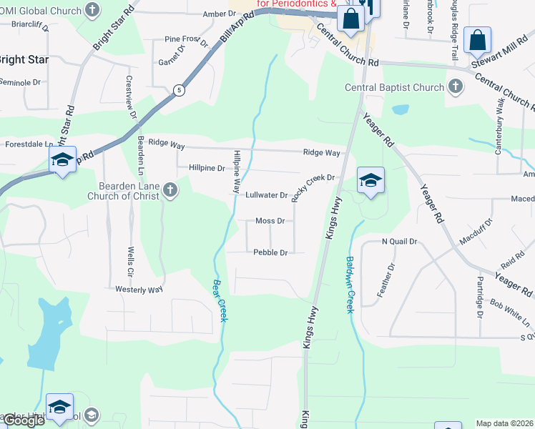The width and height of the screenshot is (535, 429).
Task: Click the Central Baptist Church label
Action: pyautogui.click(x=394, y=87)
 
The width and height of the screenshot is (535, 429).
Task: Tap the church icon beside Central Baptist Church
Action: pyautogui.click(x=454, y=87)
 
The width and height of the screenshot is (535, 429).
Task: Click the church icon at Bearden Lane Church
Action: pyautogui.click(x=170, y=190)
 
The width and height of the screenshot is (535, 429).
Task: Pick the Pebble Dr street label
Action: pyautogui.click(x=270, y=252)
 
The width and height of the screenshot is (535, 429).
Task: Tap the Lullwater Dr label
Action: pyautogui.click(x=266, y=194)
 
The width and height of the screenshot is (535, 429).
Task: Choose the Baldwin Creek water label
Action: pyautogui.click(x=350, y=285)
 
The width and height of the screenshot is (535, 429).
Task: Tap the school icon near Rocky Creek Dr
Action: pyautogui.click(x=371, y=180)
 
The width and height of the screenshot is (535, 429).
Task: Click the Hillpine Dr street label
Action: pyautogui.click(x=207, y=168)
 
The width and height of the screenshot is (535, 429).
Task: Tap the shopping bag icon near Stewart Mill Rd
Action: pyautogui.click(x=477, y=41)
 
